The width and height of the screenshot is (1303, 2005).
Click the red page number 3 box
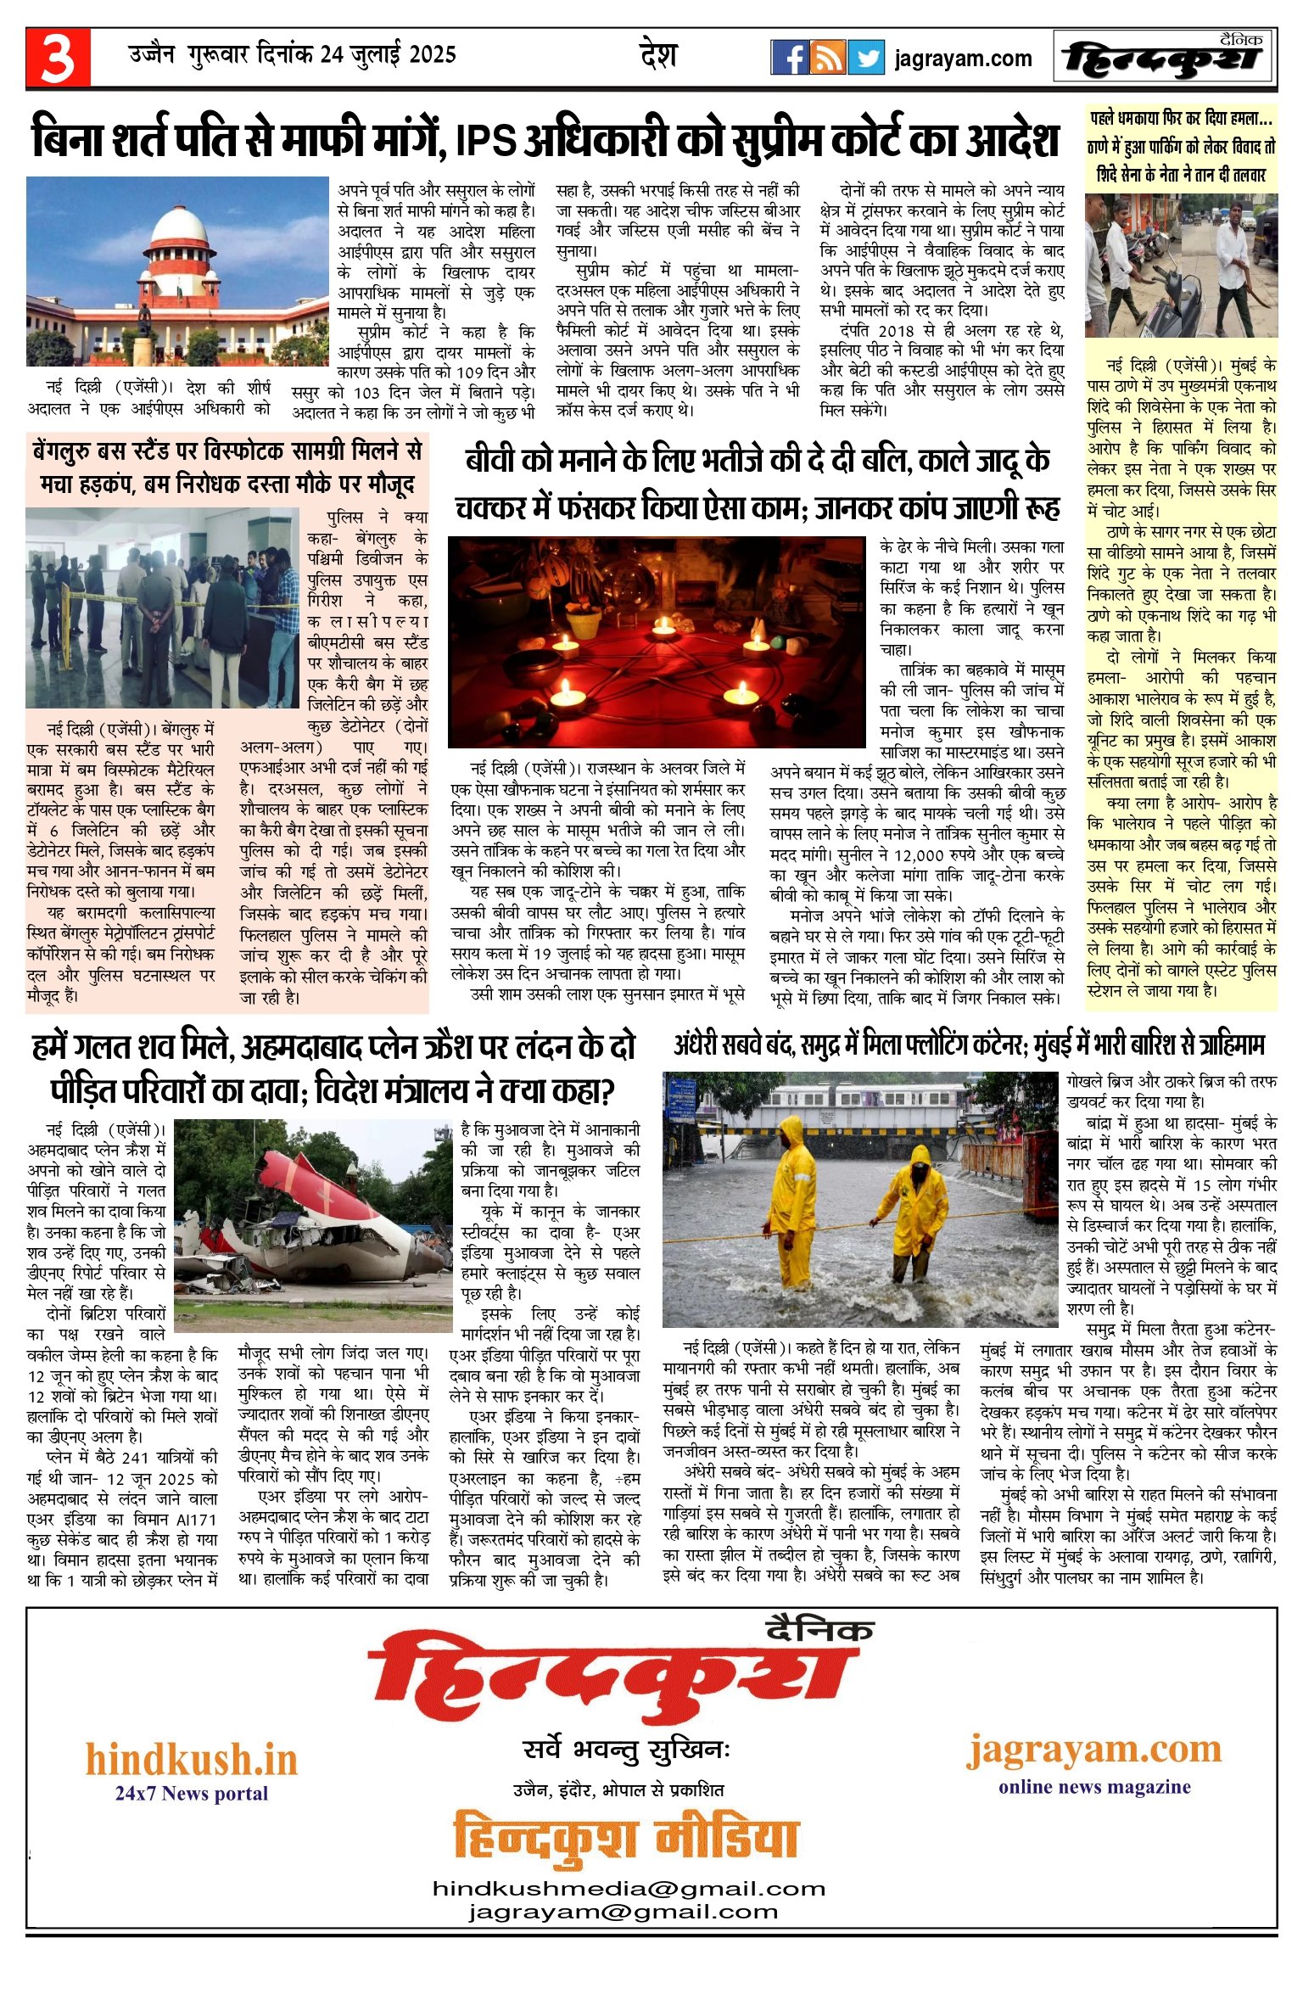pos(58,58)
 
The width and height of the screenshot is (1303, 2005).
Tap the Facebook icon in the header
pos(789,58)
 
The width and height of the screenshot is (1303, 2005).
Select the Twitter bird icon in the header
pos(865,58)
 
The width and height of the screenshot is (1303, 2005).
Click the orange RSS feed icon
pos(827,58)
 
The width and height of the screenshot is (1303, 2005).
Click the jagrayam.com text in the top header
pos(963,59)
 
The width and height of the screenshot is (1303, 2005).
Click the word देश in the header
pos(658,56)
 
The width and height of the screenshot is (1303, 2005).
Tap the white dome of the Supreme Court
pos(177,222)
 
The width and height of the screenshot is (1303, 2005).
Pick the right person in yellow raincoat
pos(914,1210)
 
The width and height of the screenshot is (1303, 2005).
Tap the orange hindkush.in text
pos(191,1760)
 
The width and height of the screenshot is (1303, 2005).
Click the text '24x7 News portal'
pos(191,1794)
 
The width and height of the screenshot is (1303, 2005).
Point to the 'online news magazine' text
pos(1094,1787)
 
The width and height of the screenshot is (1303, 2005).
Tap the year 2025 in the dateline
pos(433,55)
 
